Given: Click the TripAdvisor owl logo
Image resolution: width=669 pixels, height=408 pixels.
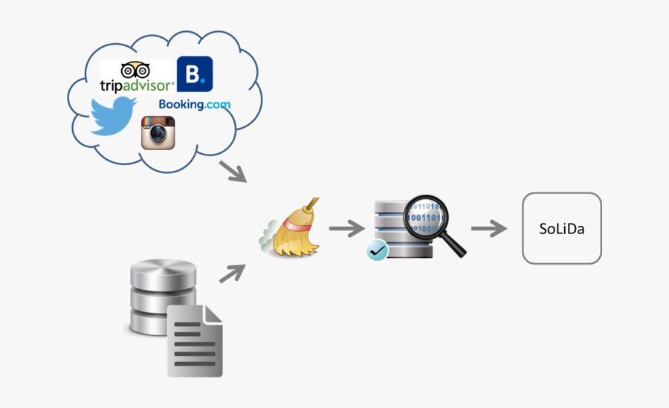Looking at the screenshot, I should click(135, 69).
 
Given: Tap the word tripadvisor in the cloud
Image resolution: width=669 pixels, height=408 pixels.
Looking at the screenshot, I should click(137, 85).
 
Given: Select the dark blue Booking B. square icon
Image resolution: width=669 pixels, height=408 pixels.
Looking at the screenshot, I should click(194, 74).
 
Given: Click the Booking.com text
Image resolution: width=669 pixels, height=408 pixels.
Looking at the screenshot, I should click(194, 105).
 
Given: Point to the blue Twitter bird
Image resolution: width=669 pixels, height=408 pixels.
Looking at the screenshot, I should click(112, 117).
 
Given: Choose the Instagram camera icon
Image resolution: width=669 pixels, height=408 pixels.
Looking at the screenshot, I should click(158, 133).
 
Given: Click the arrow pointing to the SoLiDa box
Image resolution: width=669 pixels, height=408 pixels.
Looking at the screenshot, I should click(488, 228).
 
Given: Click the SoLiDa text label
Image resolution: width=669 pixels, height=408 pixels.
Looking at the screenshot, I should click(561, 229).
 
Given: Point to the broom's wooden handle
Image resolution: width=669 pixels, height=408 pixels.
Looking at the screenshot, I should click(312, 207).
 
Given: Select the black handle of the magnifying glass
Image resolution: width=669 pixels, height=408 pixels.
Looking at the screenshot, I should click(455, 246).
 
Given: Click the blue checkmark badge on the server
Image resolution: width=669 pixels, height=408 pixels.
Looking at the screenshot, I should click(378, 250).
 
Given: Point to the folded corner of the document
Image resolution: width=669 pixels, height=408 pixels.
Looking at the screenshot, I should click(213, 313).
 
